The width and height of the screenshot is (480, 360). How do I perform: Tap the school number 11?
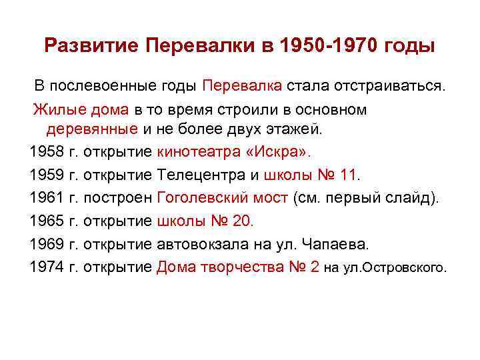[349, 175]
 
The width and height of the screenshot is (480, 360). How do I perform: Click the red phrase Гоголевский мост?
[223, 198]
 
